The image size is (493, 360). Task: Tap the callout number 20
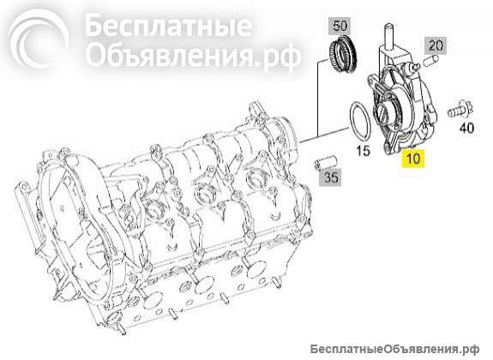435,45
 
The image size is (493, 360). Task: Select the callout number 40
466,129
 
